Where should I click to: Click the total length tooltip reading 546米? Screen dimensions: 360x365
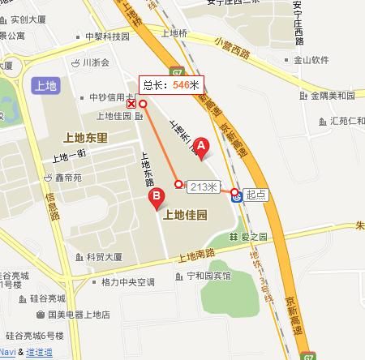tap(170, 84)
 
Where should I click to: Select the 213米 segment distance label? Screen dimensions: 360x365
tap(204, 186)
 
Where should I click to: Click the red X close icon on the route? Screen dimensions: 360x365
tap(131, 104)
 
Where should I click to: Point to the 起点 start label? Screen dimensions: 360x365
tap(256, 194)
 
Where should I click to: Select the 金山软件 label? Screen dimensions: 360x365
tap(311, 59)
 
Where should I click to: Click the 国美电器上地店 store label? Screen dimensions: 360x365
tap(78, 315)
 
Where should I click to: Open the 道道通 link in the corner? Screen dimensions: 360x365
tap(39, 352)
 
